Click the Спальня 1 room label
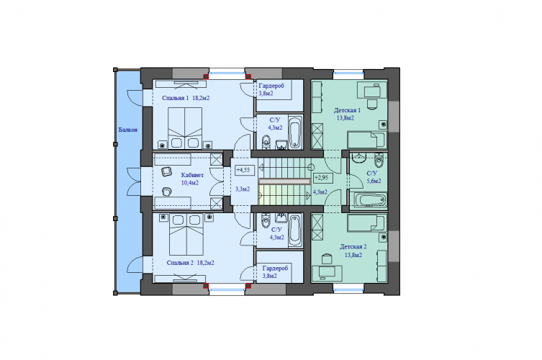175,98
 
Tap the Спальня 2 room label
180,263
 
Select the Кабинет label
192,176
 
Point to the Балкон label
128,130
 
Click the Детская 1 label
347,110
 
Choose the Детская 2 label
353,247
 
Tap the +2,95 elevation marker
323,178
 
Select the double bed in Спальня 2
186,235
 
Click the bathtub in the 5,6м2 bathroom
370,200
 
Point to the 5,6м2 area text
374,181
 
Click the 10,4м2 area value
190,183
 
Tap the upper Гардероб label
271,86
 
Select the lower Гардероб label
275,269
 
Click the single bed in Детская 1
366,140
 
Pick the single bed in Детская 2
366,223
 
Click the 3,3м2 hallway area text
243,189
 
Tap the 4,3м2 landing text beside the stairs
320,192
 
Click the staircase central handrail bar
284,181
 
